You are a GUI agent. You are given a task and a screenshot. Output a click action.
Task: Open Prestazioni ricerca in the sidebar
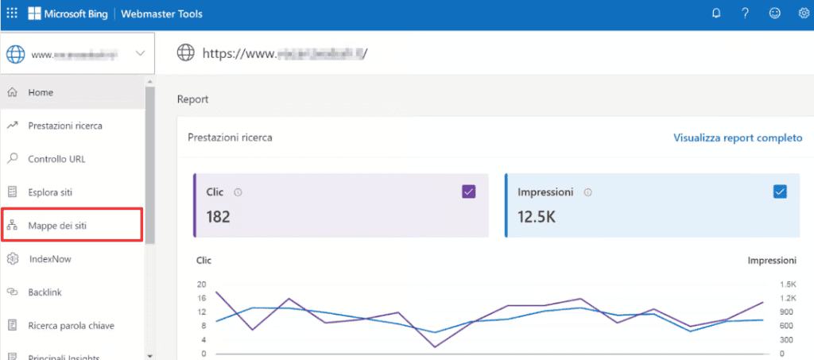(64, 126)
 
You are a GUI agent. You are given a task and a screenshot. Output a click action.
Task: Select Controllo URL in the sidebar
(56, 159)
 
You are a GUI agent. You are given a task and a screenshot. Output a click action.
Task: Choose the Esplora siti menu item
(51, 192)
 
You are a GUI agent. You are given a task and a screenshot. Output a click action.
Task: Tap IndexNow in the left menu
(50, 259)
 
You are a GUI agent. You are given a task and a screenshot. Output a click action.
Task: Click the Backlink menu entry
(45, 292)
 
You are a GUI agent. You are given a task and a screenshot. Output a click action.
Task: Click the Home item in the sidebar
(41, 92)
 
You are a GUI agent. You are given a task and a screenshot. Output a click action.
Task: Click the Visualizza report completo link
(738, 137)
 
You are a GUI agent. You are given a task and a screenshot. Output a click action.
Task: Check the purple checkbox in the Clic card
(468, 192)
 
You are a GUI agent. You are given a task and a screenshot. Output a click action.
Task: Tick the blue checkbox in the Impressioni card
(780, 192)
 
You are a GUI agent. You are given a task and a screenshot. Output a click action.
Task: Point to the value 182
(218, 216)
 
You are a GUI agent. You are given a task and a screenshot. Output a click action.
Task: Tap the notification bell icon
(716, 14)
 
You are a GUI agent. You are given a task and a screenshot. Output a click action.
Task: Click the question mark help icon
(745, 14)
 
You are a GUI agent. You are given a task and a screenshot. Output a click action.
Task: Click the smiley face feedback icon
(774, 14)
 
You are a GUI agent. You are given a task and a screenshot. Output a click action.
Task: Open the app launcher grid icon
(11, 14)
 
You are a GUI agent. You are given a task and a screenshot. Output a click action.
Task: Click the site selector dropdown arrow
(140, 54)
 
